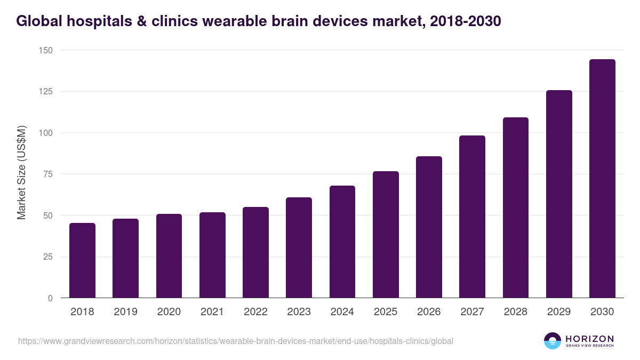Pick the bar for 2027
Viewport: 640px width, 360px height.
[472, 217]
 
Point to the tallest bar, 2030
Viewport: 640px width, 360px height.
[602, 179]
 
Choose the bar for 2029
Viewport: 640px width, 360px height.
[559, 194]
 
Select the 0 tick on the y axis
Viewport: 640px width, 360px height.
[50, 298]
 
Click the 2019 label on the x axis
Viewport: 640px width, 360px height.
[125, 312]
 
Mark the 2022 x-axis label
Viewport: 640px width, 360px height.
[255, 312]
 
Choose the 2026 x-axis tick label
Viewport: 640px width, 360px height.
[429, 312]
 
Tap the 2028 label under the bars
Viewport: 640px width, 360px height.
[516, 312]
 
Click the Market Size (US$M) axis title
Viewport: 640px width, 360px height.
[22, 173]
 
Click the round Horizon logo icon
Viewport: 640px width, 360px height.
[553, 341]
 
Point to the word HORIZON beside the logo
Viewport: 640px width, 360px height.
[589, 338]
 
